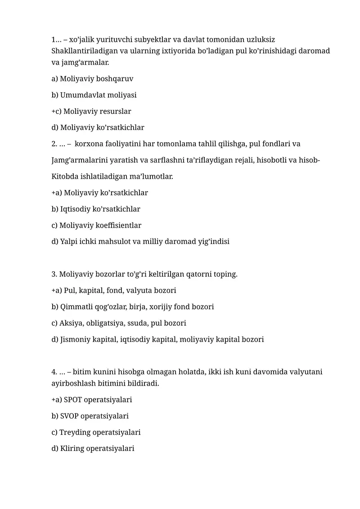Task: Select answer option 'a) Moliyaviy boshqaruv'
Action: click(92, 79)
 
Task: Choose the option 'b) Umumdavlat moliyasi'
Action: click(94, 95)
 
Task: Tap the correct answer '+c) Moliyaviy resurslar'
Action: click(91, 111)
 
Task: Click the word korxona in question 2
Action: click(88, 144)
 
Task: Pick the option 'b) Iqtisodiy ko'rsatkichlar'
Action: click(96, 209)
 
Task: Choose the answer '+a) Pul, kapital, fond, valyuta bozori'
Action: click(114, 291)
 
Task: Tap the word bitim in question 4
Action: click(82, 372)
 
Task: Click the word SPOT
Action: click(73, 400)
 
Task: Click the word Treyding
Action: click(75, 432)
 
